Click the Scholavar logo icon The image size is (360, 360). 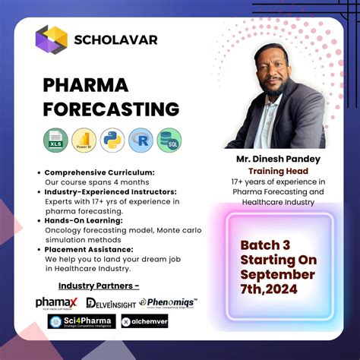[52, 39]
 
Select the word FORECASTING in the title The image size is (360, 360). [111, 109]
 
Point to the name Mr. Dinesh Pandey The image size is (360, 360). [278, 160]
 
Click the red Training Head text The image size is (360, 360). [278, 172]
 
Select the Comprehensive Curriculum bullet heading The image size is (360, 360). [99, 173]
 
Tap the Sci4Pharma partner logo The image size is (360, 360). [81, 321]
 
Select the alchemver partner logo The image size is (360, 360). [144, 321]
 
